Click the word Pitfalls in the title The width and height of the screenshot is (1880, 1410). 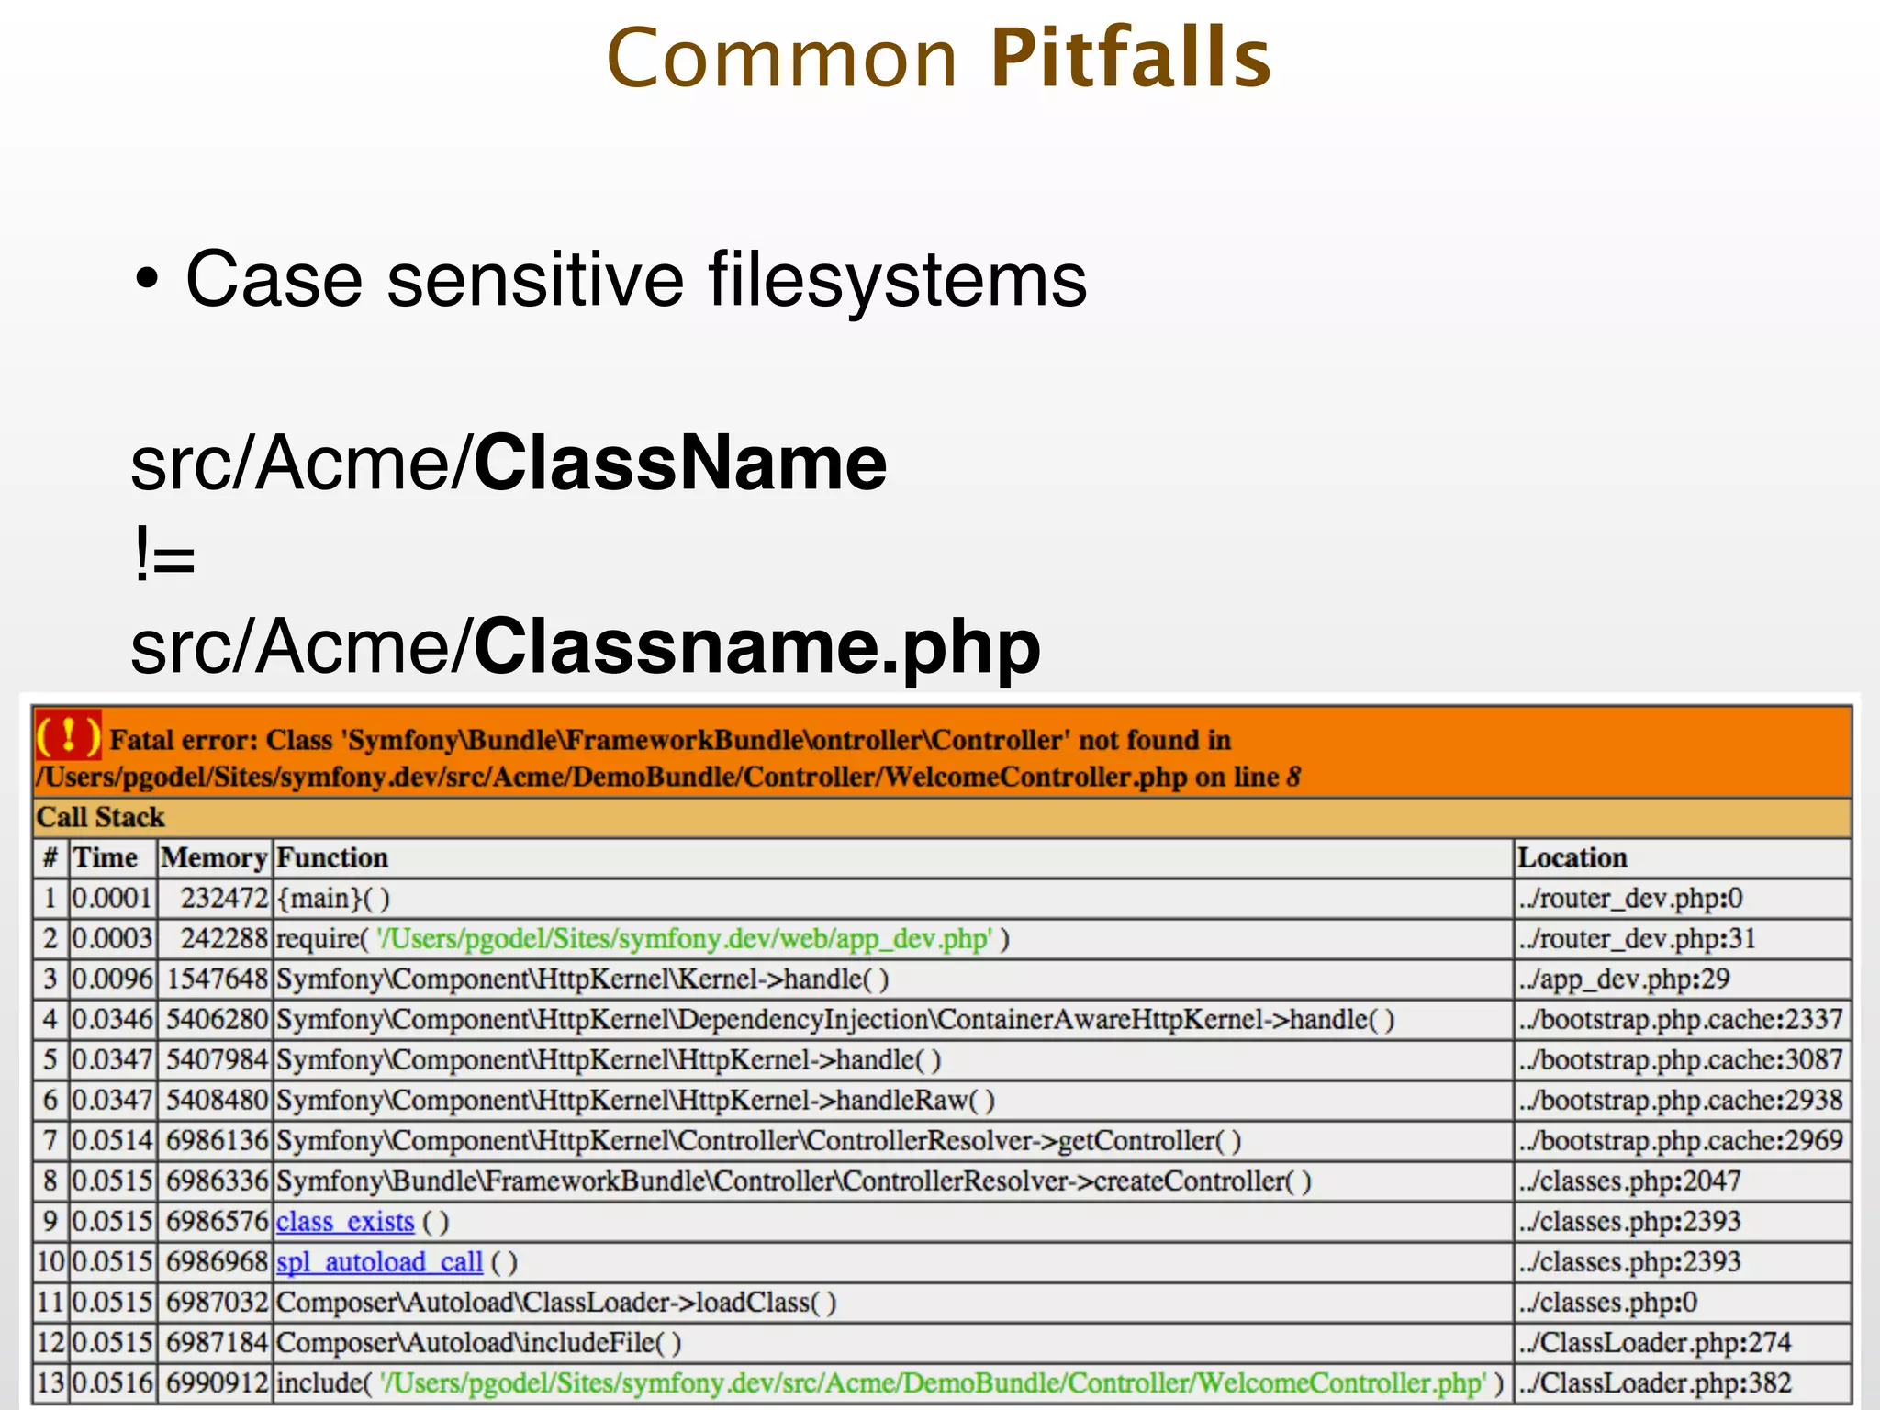1131,58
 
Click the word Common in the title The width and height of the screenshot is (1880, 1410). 783,60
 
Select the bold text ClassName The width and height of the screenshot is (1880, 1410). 680,463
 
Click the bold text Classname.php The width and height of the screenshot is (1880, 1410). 757,646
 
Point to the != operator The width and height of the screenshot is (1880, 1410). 164,555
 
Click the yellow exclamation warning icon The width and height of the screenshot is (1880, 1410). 68,735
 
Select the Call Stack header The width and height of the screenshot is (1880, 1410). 100,817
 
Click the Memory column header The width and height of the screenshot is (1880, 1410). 214,857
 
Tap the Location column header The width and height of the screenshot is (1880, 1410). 1572,857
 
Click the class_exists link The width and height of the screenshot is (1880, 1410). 345,1222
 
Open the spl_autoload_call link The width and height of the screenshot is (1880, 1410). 379,1262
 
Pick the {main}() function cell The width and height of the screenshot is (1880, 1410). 333,898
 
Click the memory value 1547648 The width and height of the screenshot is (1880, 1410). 217,979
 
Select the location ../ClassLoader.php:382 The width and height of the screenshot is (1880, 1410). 1654,1382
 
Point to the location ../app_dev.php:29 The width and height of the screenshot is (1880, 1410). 1623,979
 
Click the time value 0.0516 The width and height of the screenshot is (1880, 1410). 112,1382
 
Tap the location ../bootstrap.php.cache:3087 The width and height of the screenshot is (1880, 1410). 1680,1059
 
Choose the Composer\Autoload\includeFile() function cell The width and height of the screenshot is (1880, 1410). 478,1343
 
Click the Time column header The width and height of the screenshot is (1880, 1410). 106,857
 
